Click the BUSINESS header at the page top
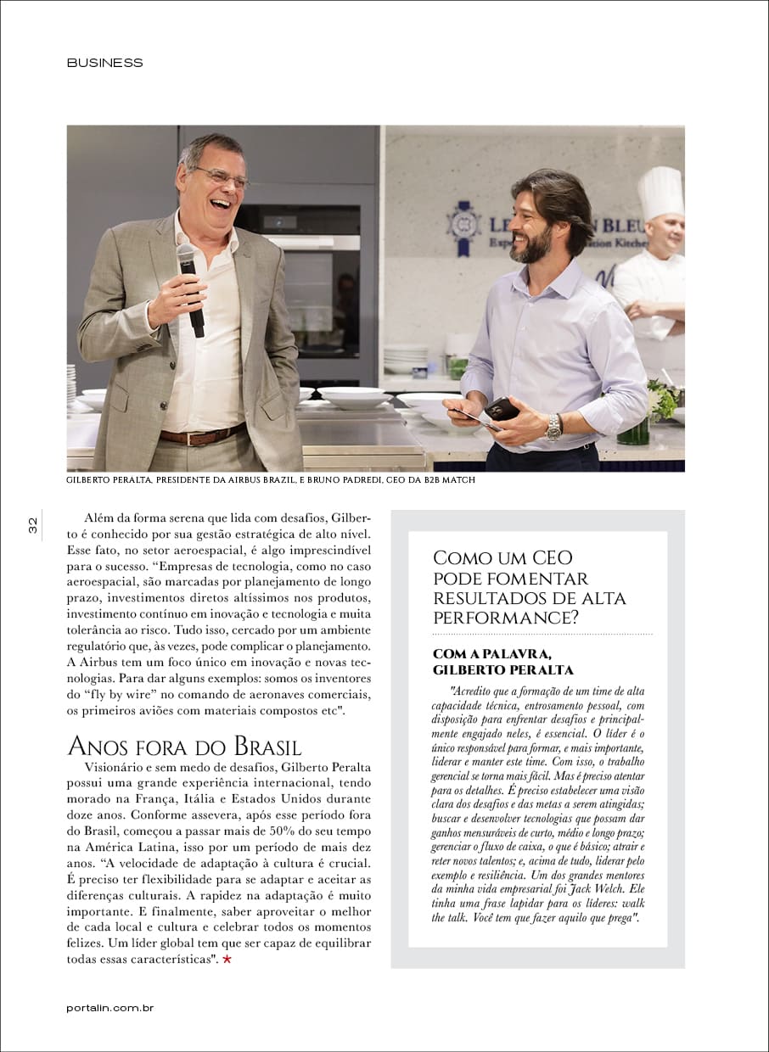[x=104, y=63]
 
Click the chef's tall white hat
[x=660, y=193]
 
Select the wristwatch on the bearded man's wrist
[x=553, y=427]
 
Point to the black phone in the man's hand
[x=501, y=409]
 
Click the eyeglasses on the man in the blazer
[x=222, y=176]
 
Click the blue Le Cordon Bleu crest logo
[x=463, y=227]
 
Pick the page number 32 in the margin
[x=33, y=525]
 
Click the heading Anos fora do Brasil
[x=183, y=747]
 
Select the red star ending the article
[x=227, y=960]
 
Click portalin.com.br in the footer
[x=109, y=1008]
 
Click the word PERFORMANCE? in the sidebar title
[x=506, y=618]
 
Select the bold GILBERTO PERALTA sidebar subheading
[x=502, y=670]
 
